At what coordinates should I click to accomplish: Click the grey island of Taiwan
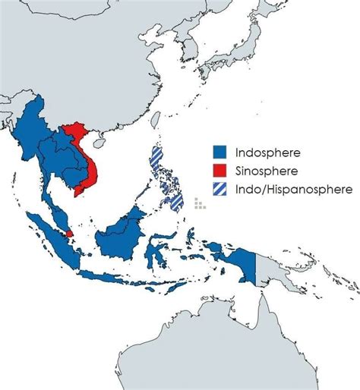click(156, 119)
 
